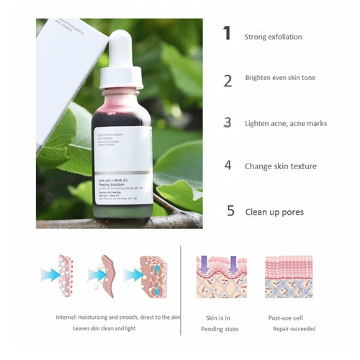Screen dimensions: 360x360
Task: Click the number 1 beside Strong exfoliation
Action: tap(227, 33)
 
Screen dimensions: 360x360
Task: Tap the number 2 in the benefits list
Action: tap(228, 81)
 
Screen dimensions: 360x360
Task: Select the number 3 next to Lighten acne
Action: tap(228, 123)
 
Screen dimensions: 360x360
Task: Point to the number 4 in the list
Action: tap(228, 166)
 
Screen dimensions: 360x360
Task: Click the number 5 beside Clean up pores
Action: tap(230, 211)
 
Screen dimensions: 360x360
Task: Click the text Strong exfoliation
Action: tap(273, 37)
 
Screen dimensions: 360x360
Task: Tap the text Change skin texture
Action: tap(280, 166)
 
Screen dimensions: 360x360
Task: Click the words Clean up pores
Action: tap(274, 212)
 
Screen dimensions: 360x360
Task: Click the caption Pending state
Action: tap(221, 329)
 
